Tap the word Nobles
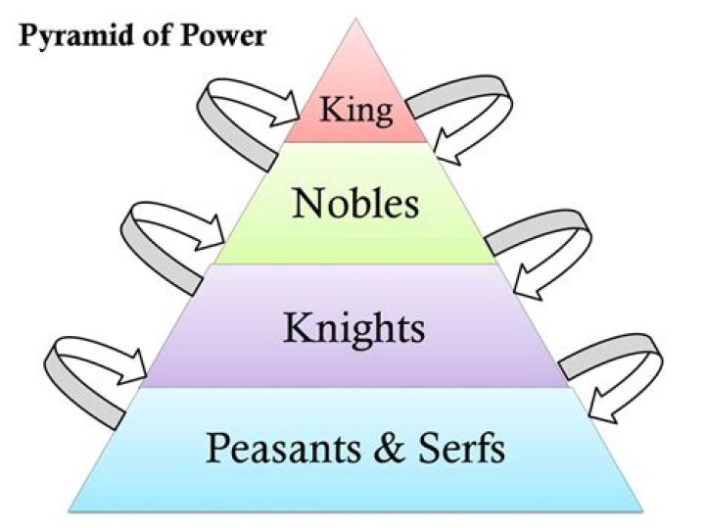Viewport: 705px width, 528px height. [356, 205]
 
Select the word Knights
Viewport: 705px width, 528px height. [354, 328]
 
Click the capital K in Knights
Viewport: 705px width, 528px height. [297, 328]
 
